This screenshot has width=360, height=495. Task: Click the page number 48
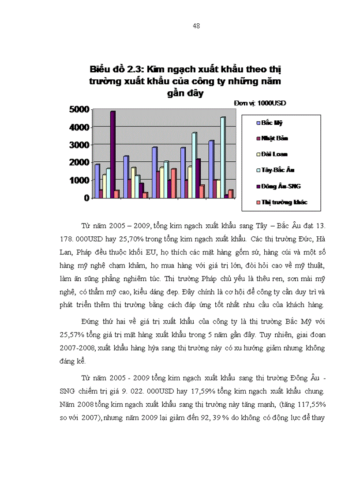[196, 26]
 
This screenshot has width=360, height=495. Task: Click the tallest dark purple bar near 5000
[113, 154]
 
